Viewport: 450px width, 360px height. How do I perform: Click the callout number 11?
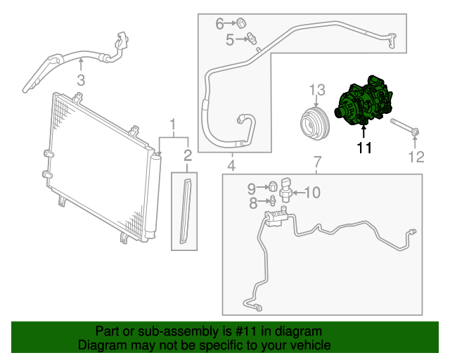(x=364, y=148)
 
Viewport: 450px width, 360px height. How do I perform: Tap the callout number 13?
(x=318, y=90)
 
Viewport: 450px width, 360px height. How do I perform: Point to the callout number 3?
(x=81, y=79)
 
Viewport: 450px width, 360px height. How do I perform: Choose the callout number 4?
(x=231, y=166)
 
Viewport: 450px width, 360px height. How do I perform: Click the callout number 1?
(x=172, y=126)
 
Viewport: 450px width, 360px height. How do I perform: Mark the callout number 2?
(x=188, y=155)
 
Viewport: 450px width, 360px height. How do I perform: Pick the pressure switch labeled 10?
(x=286, y=191)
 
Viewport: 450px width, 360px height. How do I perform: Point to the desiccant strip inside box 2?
(x=186, y=212)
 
